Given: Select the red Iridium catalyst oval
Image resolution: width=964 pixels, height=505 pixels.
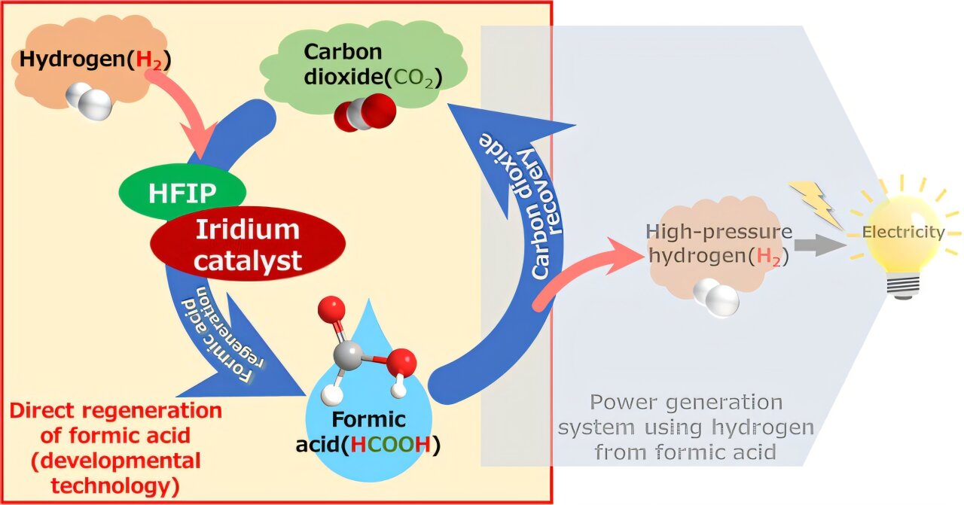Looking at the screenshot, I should (x=248, y=245).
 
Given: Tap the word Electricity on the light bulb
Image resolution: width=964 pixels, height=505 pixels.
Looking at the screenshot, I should (x=903, y=232).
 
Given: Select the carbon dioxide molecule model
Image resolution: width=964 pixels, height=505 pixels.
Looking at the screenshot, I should (x=365, y=113).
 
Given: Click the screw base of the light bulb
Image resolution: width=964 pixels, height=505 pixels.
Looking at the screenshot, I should (x=903, y=285).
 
